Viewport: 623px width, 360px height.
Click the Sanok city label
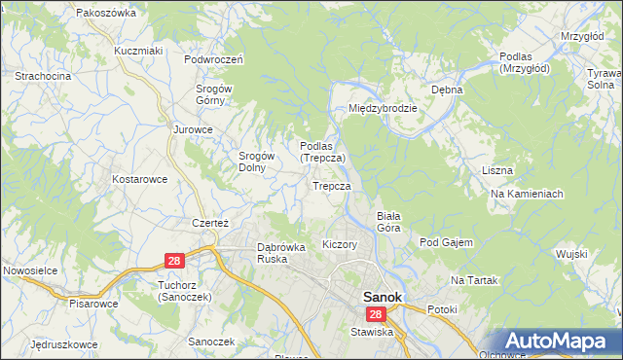coord(385,298)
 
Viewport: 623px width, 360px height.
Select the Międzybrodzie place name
coord(384,108)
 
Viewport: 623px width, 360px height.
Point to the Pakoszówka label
coord(105,14)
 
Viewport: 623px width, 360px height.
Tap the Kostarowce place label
coord(140,179)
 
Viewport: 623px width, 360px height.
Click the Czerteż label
coord(209,223)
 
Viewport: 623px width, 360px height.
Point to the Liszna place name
coord(497,170)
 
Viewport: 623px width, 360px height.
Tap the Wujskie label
coord(572,254)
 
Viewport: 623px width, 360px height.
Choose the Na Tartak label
coord(474,280)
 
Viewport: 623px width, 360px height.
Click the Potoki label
coord(442,309)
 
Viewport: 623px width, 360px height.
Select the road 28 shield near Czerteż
coord(173,261)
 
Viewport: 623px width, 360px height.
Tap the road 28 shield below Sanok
coord(377,315)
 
